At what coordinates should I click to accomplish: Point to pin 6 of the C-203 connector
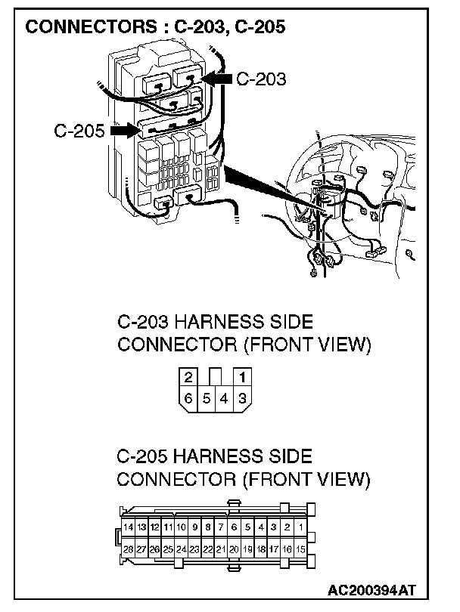click(x=188, y=397)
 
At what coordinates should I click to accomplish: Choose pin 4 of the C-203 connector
click(x=225, y=397)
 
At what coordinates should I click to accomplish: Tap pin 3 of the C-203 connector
click(x=242, y=397)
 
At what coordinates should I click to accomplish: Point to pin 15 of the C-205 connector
click(x=301, y=549)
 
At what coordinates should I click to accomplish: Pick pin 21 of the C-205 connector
click(x=221, y=549)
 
